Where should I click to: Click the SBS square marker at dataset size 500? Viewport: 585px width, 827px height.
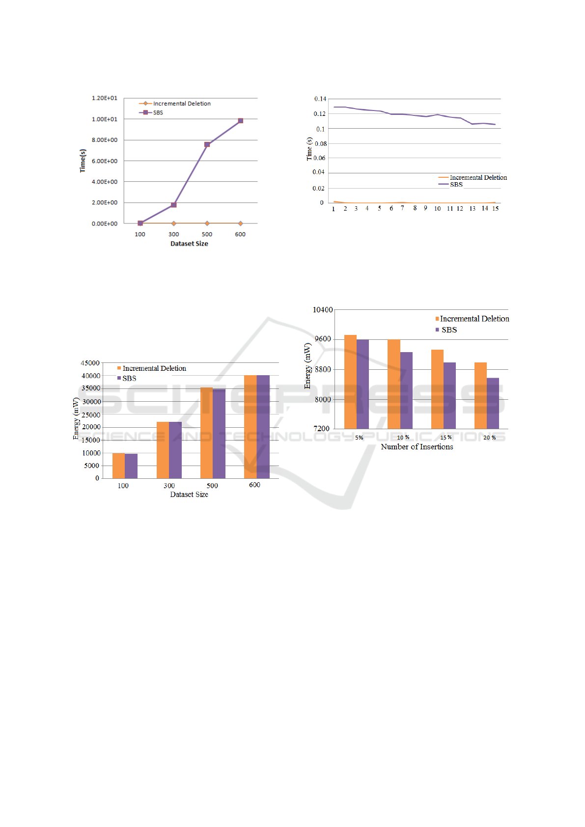tap(207, 144)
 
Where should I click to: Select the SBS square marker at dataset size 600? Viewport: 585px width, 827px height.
tap(240, 120)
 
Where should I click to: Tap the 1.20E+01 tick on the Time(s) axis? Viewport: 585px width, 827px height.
tap(105, 98)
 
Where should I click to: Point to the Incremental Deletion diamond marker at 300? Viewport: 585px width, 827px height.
tap(173, 223)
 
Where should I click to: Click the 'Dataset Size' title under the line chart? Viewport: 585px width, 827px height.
tap(189, 244)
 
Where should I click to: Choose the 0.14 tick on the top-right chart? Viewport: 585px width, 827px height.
tap(320, 99)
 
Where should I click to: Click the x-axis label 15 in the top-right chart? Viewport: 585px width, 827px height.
tap(496, 209)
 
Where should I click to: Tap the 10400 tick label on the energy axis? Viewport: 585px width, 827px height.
tap(323, 310)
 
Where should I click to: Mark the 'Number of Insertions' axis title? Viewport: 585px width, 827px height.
tap(417, 447)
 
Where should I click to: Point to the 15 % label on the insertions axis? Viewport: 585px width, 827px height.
tap(446, 438)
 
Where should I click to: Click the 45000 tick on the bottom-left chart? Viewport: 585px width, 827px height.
tap(90, 363)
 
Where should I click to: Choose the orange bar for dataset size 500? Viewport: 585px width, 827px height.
tap(206, 433)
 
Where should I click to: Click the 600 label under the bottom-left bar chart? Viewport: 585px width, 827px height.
tap(254, 485)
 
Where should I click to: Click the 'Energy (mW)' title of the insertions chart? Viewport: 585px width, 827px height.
tap(307, 366)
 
